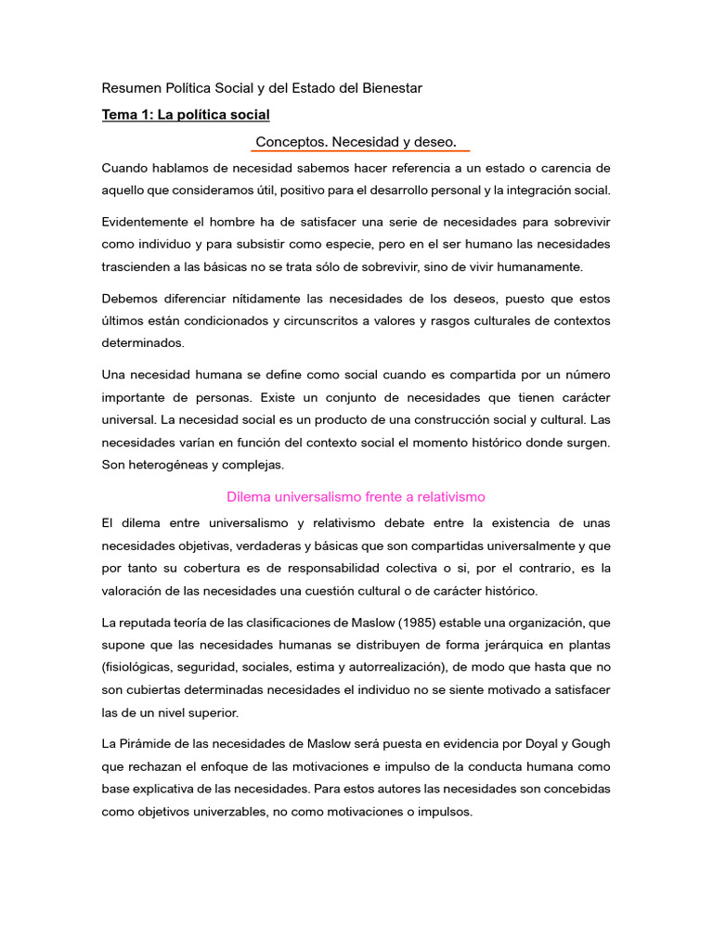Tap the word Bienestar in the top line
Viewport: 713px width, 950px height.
387,88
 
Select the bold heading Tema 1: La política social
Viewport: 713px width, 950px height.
186,115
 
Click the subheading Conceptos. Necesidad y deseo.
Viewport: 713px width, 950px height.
356,142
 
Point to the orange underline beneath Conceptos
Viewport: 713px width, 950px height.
362,151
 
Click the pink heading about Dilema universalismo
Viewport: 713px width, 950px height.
356,496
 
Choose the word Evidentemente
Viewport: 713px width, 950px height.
149,223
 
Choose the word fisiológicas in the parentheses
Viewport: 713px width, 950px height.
141,667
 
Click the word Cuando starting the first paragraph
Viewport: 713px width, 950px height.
126,168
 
